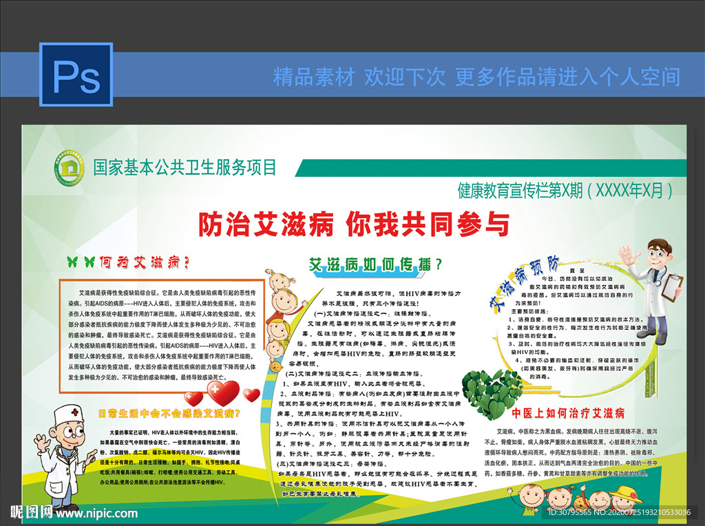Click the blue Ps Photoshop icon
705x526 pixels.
coord(76,76)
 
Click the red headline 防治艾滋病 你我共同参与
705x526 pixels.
coord(354,224)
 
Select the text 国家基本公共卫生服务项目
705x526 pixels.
coord(185,167)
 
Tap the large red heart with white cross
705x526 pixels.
coord(222,393)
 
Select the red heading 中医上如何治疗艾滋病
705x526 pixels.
coord(568,413)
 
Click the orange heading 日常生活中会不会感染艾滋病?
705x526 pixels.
coord(169,413)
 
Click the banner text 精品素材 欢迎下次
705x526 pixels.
coord(359,76)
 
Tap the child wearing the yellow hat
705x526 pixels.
coord(625,498)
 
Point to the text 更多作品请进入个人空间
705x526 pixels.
coord(567,76)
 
